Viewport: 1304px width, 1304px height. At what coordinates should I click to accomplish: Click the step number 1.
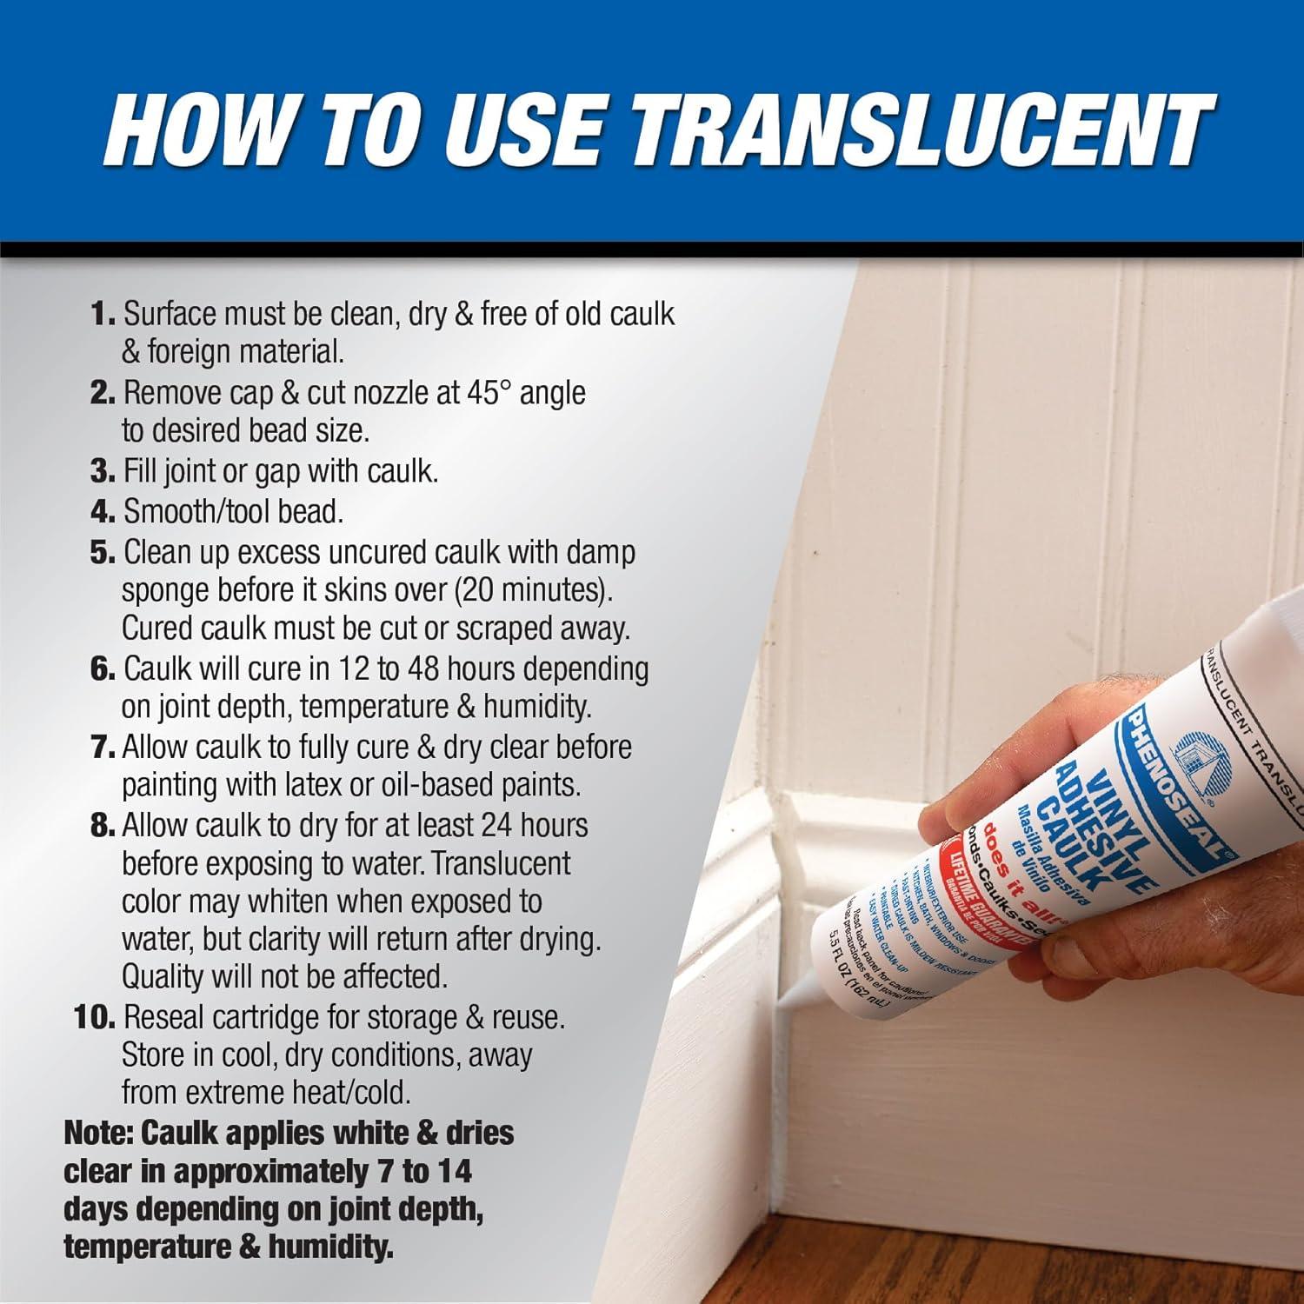103,314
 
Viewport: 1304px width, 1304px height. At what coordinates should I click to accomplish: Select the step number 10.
95,1017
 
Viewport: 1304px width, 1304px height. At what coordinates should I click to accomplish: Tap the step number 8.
103,825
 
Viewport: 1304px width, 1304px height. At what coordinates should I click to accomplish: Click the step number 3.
103,471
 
